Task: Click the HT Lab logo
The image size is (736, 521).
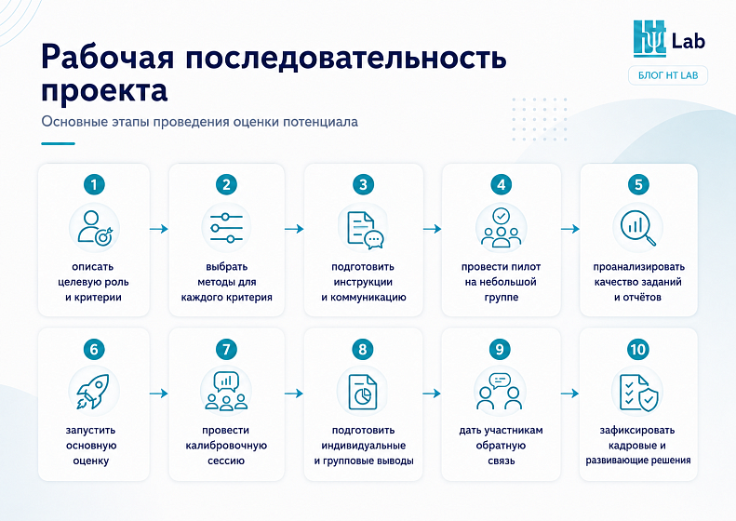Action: point(669,38)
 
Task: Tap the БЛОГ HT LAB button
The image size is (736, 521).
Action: point(668,75)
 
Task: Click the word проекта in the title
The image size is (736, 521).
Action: point(104,89)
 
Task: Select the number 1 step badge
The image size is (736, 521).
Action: point(94,184)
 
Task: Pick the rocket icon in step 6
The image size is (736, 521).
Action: point(93,391)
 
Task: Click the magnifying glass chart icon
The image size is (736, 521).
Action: point(638,228)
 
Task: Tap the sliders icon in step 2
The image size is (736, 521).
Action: point(226,228)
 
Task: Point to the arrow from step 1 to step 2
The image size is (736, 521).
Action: point(159,229)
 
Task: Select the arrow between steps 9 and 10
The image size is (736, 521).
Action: point(569,394)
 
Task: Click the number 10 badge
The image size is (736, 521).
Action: point(638,349)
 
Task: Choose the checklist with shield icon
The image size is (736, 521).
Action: point(638,393)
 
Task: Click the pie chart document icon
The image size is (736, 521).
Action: point(362,392)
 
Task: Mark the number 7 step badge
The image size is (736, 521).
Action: point(226,349)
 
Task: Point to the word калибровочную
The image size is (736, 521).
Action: point(226,446)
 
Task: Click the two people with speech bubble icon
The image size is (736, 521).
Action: point(500,392)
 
